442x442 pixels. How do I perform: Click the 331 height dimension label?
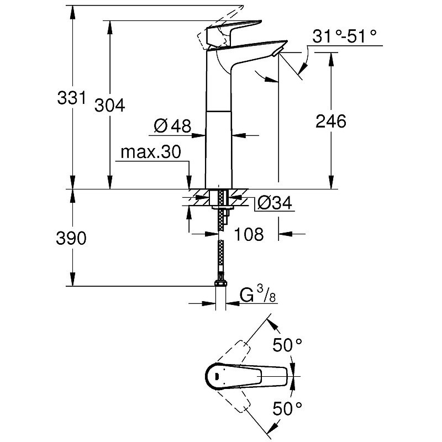tap(72, 99)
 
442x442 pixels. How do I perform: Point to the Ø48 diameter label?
tap(172, 127)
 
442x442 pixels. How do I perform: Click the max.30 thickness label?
tap(151, 153)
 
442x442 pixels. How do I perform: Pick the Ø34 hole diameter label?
tap(274, 203)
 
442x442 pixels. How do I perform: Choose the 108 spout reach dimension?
tap(248, 234)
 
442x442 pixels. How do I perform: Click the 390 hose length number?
tap(72, 239)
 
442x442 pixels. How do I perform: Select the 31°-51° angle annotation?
tap(344, 36)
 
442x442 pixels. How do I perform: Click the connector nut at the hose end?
tap(219, 286)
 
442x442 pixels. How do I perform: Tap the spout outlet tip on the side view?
tap(278, 52)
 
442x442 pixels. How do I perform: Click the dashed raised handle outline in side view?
tap(213, 38)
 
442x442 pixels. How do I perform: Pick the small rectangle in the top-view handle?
tap(216, 377)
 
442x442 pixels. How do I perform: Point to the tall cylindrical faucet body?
tap(219, 138)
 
